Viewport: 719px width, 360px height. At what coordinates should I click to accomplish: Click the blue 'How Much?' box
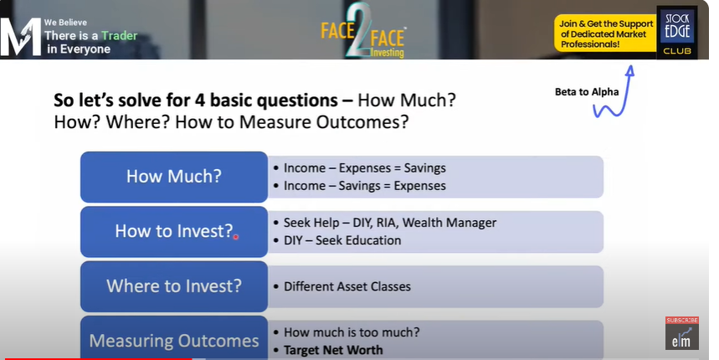(174, 177)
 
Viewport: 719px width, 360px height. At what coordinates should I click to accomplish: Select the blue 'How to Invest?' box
(174, 232)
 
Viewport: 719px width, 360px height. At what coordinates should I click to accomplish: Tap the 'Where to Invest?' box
(174, 286)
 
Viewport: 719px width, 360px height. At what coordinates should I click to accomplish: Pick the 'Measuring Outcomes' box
(174, 337)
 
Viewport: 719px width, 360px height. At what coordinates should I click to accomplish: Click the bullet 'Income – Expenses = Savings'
(360, 168)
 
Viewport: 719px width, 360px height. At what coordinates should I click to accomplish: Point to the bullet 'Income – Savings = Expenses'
(360, 186)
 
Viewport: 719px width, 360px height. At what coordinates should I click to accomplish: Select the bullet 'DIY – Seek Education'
(337, 240)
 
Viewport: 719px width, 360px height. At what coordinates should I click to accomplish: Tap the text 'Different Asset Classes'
(347, 286)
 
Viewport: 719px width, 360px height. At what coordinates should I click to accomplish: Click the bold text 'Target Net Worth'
(333, 350)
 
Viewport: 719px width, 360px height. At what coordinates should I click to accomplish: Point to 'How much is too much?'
(352, 332)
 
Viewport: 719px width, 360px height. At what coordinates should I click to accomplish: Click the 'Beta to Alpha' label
(587, 92)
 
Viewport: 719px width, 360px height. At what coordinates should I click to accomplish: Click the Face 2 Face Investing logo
(362, 31)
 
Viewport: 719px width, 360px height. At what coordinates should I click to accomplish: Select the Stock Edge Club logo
(677, 32)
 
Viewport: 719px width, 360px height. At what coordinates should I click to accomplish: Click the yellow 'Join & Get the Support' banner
(605, 33)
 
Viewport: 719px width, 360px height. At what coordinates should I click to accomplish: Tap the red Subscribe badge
(682, 320)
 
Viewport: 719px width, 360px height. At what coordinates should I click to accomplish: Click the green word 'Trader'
(119, 36)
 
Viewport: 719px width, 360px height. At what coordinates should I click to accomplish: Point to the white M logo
(21, 37)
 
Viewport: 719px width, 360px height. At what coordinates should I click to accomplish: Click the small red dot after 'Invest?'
(236, 237)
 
